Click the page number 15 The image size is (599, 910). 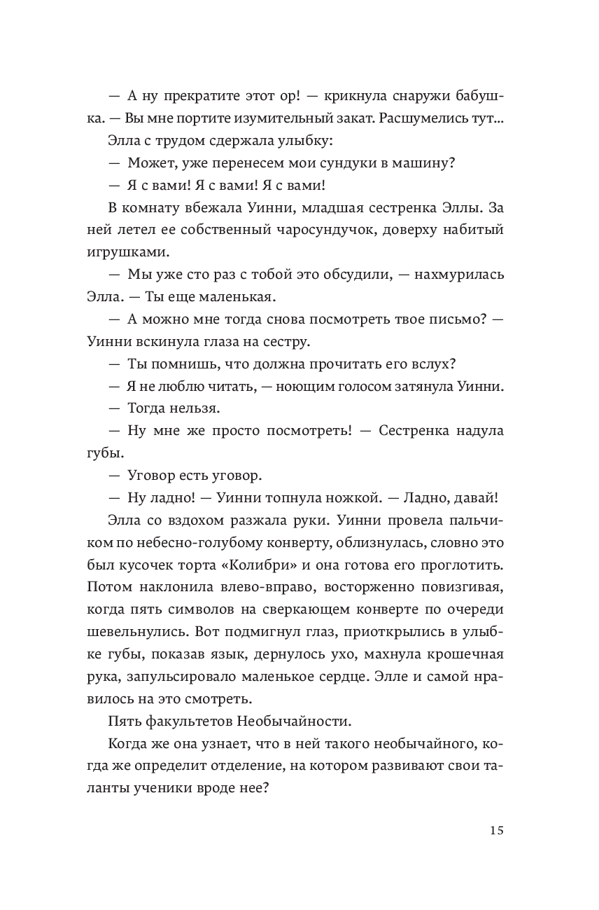point(496,831)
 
